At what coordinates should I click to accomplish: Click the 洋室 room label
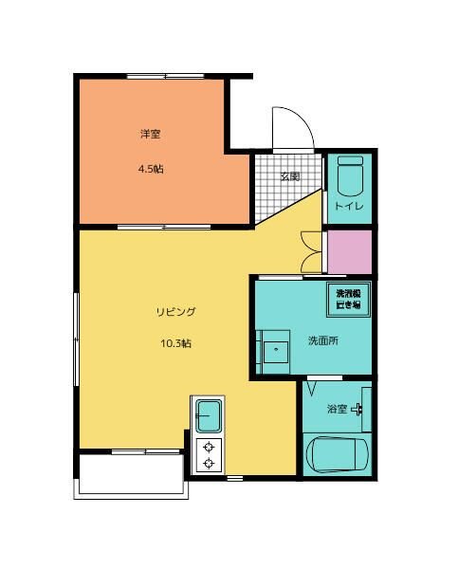pos(150,135)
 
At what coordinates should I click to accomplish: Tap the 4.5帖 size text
pos(150,170)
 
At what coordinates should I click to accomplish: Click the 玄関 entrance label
pos(290,176)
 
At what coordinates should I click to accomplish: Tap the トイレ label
pos(348,206)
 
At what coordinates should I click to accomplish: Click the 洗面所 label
pos(322,341)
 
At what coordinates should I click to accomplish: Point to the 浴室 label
pos(338,410)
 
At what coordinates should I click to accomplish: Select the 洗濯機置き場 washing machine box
pos(347,300)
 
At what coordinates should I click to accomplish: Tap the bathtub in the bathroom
pos(337,455)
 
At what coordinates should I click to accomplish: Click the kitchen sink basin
pos(208,415)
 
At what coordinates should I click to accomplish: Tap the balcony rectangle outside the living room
pos(130,474)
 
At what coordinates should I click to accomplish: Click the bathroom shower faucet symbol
pos(358,410)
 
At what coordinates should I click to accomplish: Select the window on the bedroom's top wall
pos(154,75)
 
